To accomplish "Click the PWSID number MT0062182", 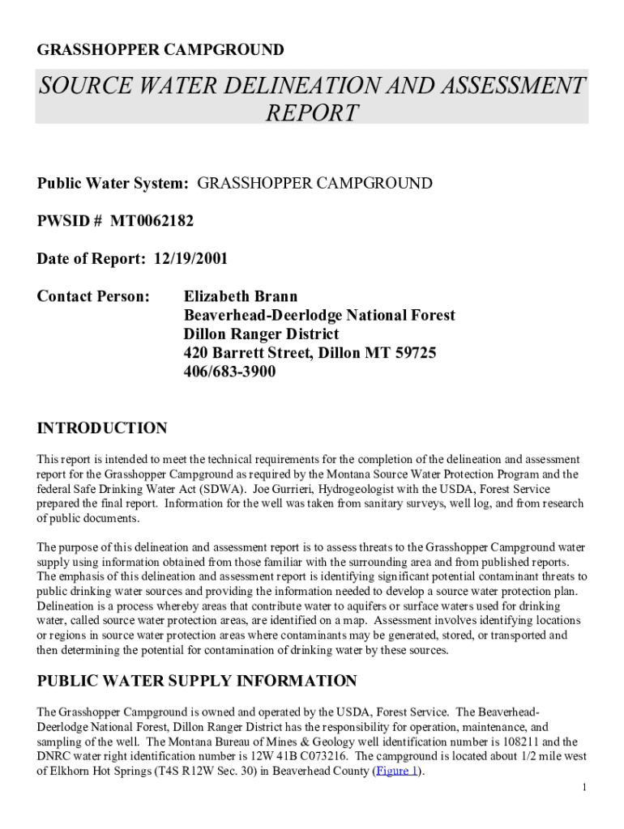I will point(152,221).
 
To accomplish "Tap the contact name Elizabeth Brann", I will point(241,296).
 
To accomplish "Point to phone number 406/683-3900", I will point(229,372).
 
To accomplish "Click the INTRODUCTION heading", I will point(102,428).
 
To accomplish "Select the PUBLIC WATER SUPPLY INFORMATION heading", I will point(197,681).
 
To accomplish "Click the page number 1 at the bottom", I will point(584,788).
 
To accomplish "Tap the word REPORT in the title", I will point(312,113).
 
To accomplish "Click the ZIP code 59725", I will point(412,353).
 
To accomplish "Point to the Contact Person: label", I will point(93,296).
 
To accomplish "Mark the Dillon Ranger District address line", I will point(261,334).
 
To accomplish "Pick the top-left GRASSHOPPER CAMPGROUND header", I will point(160,50).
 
